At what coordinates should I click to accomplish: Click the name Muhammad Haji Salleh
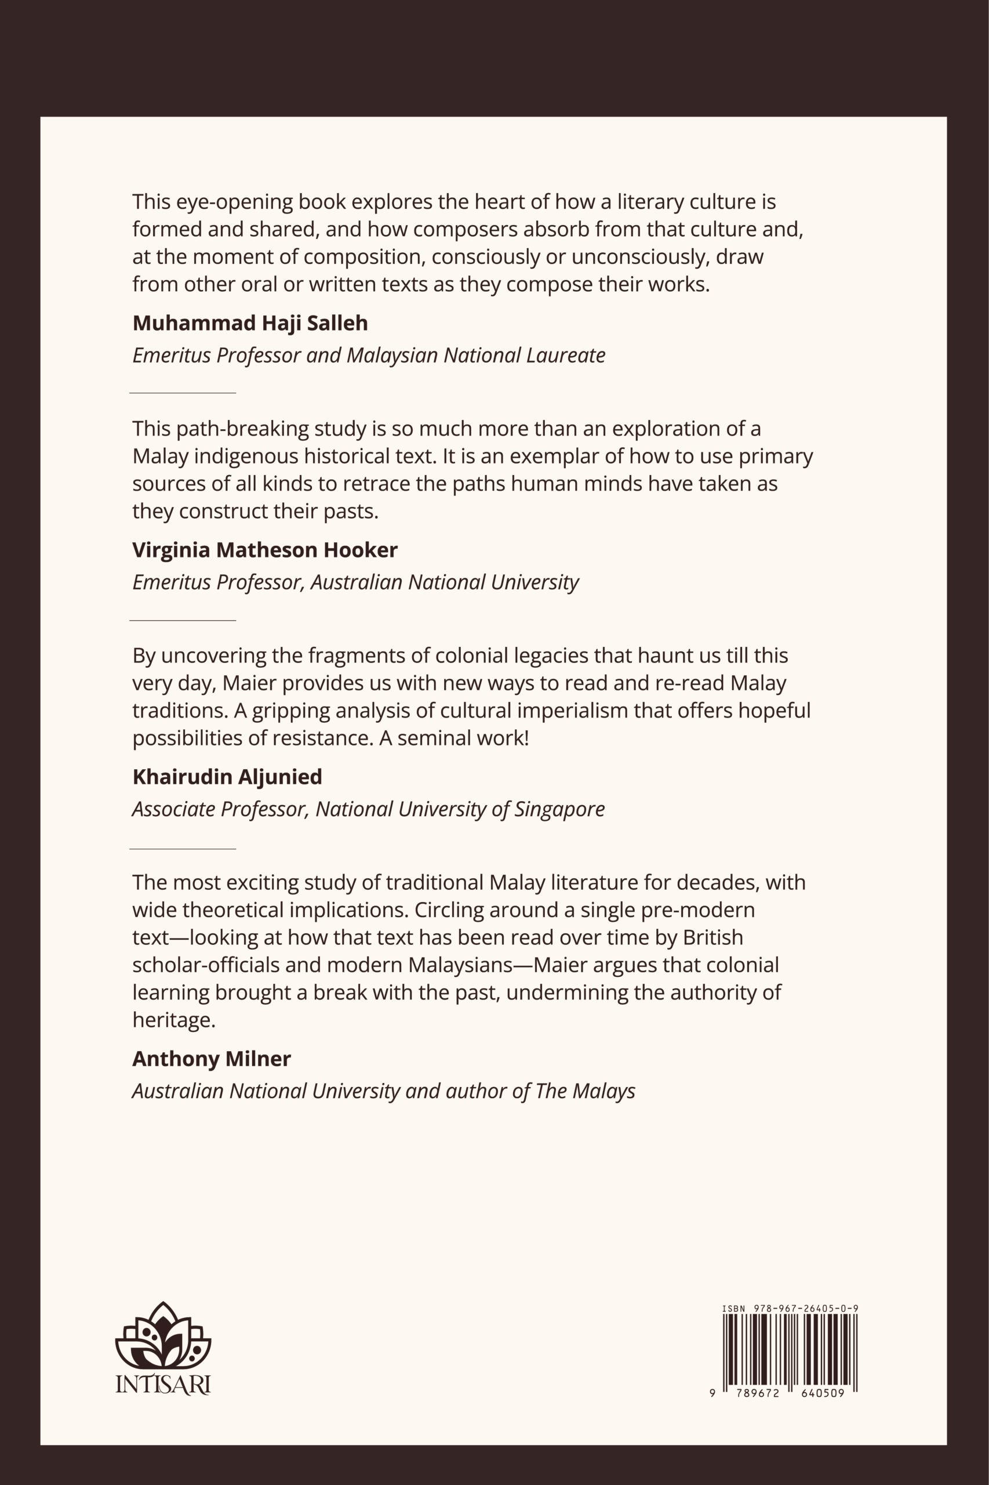tap(250, 323)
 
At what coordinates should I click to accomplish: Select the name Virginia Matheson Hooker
tap(265, 550)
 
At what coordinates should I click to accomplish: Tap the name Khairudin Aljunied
tap(227, 776)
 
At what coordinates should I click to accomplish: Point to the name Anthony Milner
tap(211, 1059)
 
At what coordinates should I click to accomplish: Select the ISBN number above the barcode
tap(790, 1309)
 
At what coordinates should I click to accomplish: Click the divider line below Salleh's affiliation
tap(182, 393)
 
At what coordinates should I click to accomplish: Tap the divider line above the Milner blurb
tap(182, 849)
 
